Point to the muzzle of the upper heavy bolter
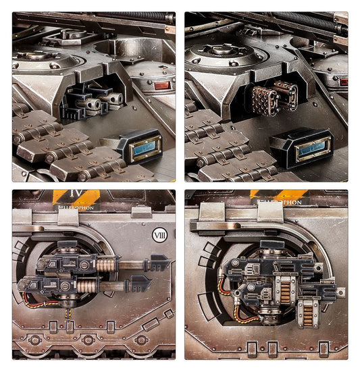tap(340, 291)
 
